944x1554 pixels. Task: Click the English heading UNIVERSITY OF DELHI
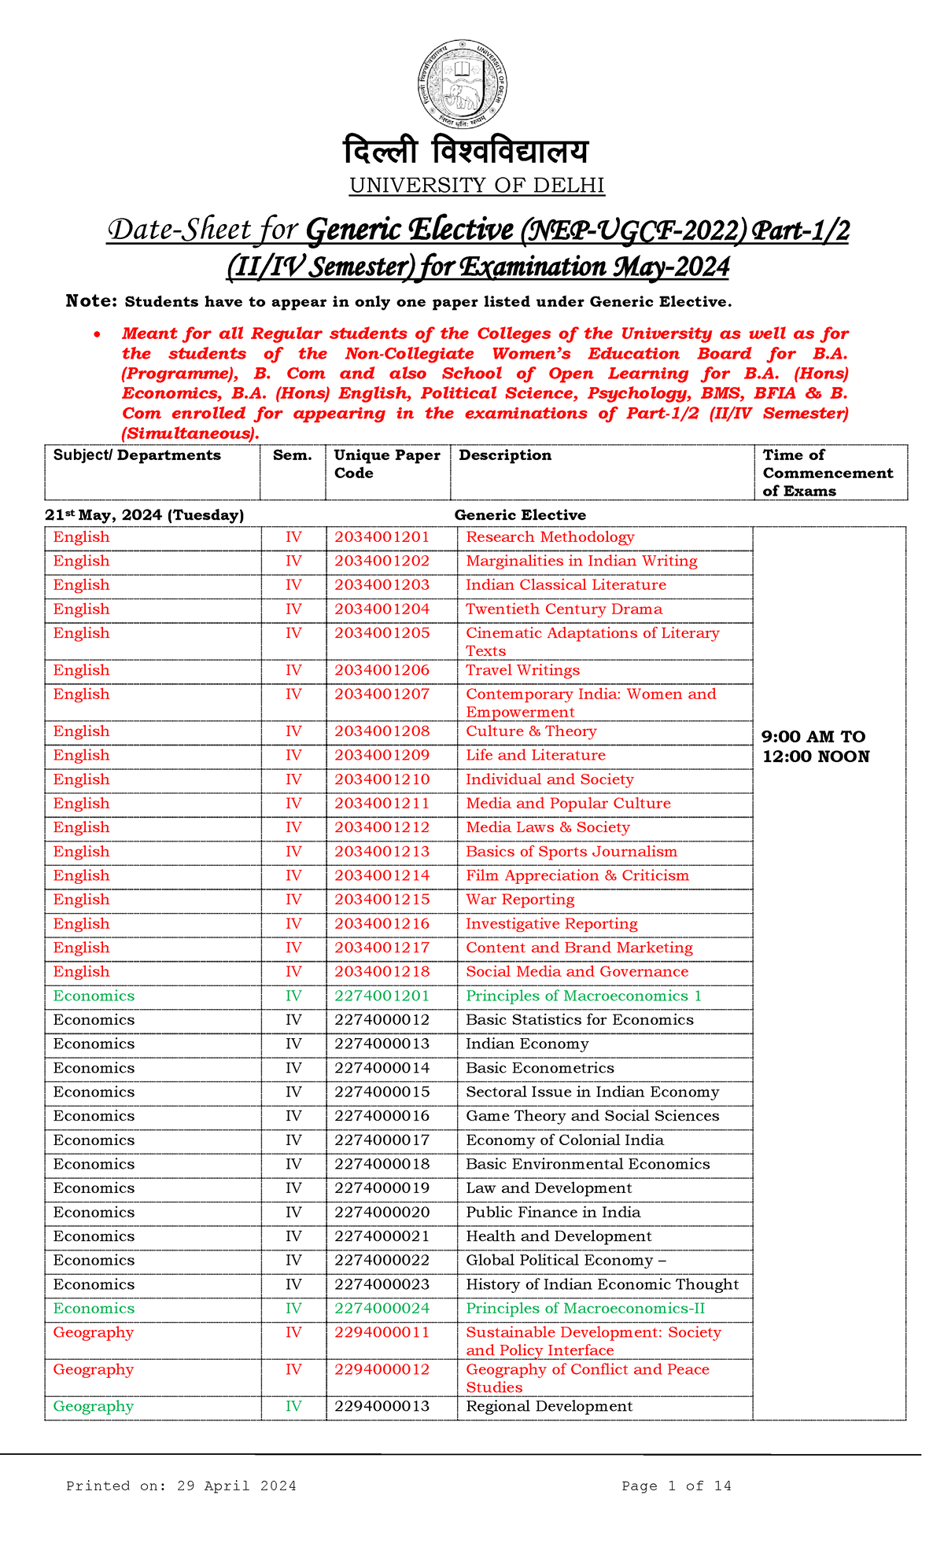coord(477,186)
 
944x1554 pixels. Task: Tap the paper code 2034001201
coord(382,537)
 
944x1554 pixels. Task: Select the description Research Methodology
coord(550,537)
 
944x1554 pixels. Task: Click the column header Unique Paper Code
coord(387,464)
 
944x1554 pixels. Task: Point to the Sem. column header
coord(292,455)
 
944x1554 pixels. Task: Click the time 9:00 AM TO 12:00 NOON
coord(815,746)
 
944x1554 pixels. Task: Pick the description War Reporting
coord(520,899)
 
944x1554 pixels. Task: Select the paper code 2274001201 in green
coord(382,996)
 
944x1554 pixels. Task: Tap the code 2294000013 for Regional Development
coord(382,1406)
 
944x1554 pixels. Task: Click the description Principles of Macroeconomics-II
coord(585,1309)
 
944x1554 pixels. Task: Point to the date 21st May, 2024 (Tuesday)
coord(144,515)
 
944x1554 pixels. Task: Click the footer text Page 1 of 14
coord(676,1486)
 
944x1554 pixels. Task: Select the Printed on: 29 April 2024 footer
coord(181,1486)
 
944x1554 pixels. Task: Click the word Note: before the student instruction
coord(91,301)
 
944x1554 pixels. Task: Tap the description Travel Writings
coord(522,670)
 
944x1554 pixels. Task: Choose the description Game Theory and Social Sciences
coord(592,1116)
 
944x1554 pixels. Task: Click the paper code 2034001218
coord(382,971)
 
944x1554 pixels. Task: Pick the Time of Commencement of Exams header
coord(828,473)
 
